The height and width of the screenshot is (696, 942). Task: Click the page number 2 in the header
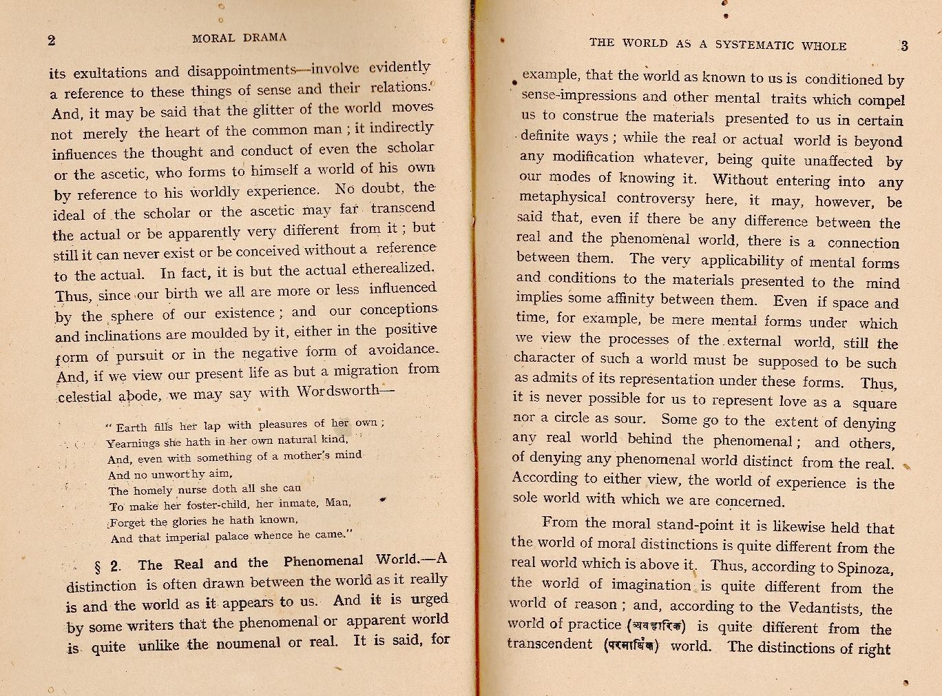point(52,40)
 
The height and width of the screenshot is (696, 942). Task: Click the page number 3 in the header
point(904,46)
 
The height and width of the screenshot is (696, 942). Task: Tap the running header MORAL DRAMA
point(240,37)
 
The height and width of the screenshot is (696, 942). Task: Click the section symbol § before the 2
point(97,566)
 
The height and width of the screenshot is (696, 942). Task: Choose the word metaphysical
point(563,198)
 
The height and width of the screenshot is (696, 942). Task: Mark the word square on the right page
point(874,403)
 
